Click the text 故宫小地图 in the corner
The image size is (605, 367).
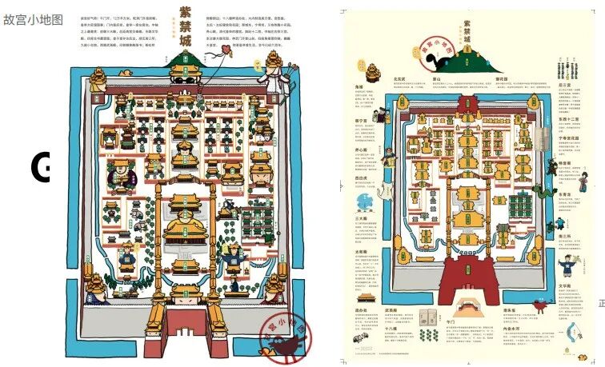click(33, 20)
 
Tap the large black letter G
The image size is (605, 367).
click(40, 166)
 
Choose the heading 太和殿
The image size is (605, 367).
click(361, 252)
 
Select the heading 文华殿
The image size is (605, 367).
click(565, 285)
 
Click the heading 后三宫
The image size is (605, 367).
click(566, 60)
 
